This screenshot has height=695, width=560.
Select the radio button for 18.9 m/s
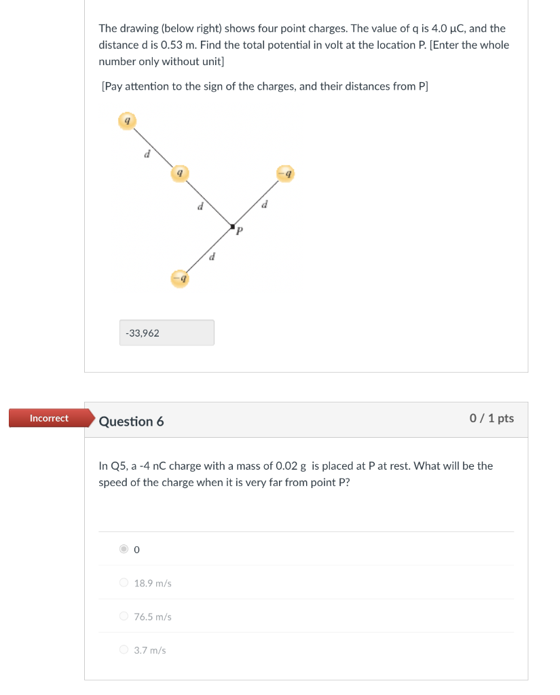coord(124,583)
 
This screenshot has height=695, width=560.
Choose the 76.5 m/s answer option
coord(124,616)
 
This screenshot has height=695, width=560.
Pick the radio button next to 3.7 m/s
coord(124,650)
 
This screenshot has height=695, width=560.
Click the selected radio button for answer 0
coord(124,550)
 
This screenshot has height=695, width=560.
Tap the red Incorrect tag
coord(49,418)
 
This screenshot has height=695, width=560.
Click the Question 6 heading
coord(131,421)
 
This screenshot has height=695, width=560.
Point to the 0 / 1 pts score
coord(491,418)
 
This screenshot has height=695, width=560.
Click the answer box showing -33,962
coord(166,333)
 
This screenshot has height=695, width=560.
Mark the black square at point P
coord(232,226)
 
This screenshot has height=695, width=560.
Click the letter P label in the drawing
coord(239,233)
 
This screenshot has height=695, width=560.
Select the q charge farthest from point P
coord(127,121)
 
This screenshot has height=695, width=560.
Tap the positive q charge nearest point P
coord(179,173)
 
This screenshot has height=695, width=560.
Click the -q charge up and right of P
coord(285,174)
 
